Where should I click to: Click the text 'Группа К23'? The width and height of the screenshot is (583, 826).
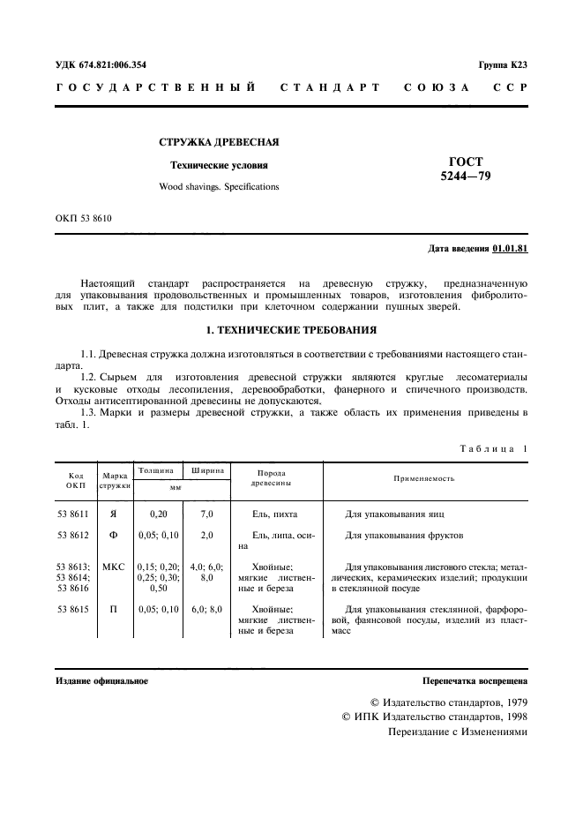502,64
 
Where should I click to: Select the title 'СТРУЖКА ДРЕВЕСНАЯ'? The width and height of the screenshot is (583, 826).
219,142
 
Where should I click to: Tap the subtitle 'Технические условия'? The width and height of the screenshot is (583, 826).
219,165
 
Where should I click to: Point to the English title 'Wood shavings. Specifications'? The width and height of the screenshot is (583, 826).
219,187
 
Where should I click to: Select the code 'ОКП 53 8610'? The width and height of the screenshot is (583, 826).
85,217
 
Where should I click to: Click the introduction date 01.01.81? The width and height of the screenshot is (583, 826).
510,249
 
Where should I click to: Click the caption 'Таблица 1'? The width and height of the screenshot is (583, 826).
493,448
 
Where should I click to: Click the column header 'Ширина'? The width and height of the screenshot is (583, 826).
206,471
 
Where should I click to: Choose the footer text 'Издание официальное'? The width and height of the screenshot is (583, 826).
101,681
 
